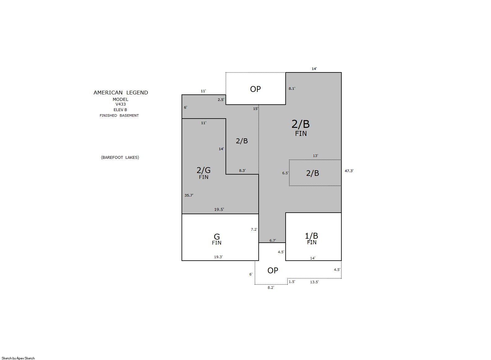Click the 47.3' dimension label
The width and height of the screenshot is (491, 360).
[x=349, y=171]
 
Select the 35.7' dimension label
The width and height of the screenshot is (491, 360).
[x=189, y=195]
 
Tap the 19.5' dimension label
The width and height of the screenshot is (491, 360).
[x=219, y=209]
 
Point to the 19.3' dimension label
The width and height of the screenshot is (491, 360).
[x=218, y=257]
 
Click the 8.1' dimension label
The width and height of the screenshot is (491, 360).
[x=292, y=89]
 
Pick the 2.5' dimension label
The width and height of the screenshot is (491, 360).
[x=221, y=100]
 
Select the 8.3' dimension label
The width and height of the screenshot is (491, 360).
[x=242, y=170]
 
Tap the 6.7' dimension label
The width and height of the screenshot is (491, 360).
[x=273, y=241]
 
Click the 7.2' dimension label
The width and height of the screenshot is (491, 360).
[x=254, y=229]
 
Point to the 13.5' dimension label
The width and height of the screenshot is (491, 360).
[x=314, y=282]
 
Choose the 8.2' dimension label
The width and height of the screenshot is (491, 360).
[x=271, y=288]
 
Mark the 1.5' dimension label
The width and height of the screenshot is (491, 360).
[x=292, y=282]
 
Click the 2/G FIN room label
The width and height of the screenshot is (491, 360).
[x=204, y=173]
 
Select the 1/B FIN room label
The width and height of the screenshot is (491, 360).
[x=311, y=238]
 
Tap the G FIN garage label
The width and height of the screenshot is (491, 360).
[x=217, y=239]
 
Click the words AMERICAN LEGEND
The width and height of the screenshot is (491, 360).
[x=121, y=93]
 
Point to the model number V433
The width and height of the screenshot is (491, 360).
[x=121, y=104]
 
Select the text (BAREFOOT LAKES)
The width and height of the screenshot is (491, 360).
[x=120, y=158]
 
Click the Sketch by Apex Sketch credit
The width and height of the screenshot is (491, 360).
[x=18, y=358]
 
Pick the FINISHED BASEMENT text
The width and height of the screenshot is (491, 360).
[x=119, y=115]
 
